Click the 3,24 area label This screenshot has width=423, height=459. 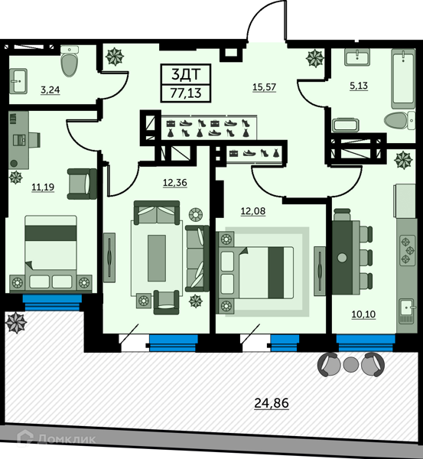[x=50, y=90]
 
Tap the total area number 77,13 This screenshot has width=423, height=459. [x=186, y=93]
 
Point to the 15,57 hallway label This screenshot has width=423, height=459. [x=265, y=87]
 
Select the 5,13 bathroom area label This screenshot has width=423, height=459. [x=359, y=86]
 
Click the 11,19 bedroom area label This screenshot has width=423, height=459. [x=43, y=187]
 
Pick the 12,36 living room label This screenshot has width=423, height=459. [x=174, y=183]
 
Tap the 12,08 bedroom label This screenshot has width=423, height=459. [x=253, y=211]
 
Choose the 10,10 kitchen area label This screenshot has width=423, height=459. [x=363, y=314]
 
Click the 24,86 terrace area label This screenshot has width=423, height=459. [x=272, y=403]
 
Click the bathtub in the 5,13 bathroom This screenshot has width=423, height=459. [x=403, y=78]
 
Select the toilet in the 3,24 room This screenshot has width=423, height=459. [x=70, y=61]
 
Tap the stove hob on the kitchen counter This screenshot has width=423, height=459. [x=407, y=250]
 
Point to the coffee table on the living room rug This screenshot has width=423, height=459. [x=157, y=258]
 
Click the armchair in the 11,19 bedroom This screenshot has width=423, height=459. [x=82, y=184]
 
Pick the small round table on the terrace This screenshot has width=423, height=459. [x=351, y=364]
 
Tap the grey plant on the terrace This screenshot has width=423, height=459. [x=16, y=322]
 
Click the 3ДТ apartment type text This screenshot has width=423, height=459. [x=186, y=74]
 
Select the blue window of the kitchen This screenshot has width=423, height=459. [x=366, y=343]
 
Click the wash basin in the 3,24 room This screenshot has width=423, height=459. [x=18, y=81]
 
